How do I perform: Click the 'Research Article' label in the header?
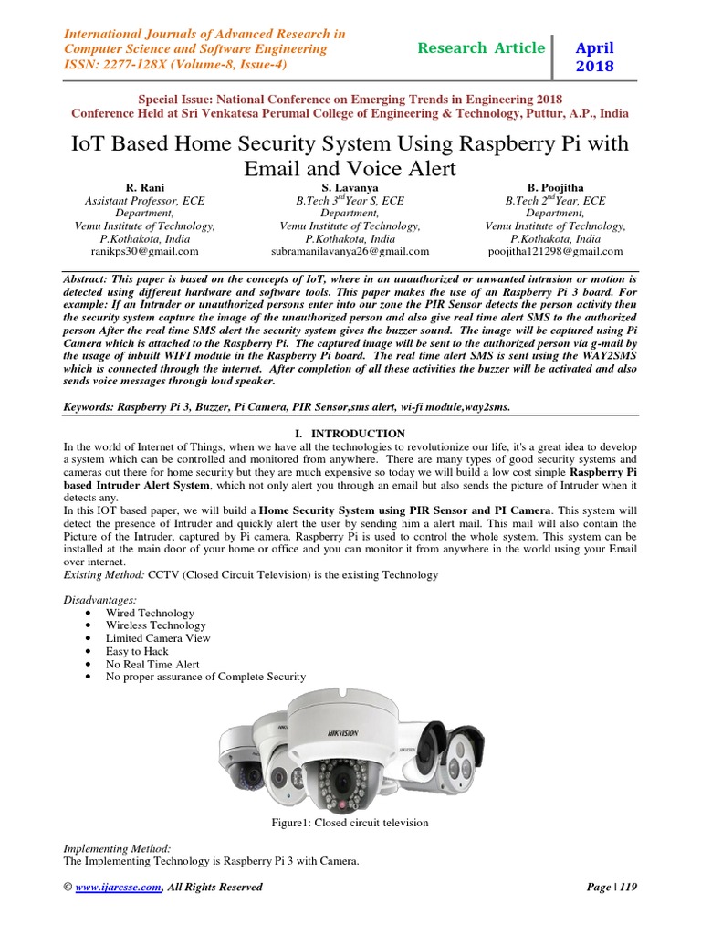coord(480,47)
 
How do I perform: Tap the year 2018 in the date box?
coord(594,67)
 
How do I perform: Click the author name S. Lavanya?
coord(350,186)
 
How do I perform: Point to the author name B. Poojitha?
coord(555,186)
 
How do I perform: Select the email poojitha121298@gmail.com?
coord(555,251)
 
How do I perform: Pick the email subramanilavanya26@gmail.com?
coord(350,251)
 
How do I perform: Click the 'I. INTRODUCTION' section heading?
coord(350,433)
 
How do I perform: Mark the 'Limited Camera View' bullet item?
coord(158,638)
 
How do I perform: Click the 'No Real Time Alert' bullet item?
coord(152,664)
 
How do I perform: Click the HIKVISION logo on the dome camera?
coord(338,733)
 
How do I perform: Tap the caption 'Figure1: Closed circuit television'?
coord(350,823)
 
